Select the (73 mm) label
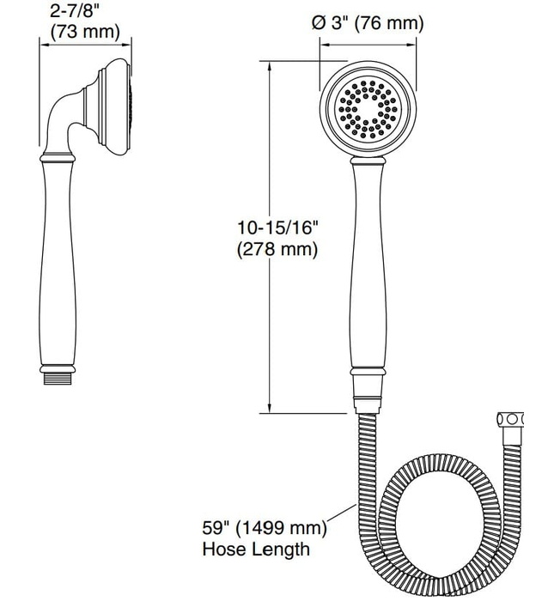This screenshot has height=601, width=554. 84,33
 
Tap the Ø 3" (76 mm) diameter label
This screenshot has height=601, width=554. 368,24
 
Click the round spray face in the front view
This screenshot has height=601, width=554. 368,112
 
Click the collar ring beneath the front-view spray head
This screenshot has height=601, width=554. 368,163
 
